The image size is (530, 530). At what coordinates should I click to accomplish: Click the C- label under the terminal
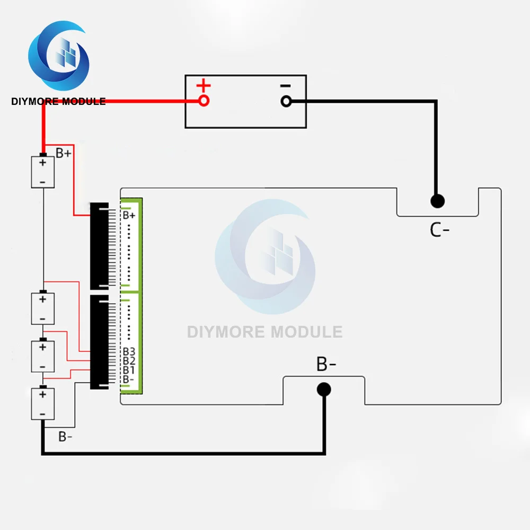coord(439,230)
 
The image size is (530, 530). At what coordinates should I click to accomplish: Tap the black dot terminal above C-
coord(437,201)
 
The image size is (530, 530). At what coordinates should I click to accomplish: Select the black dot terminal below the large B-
coord(324,390)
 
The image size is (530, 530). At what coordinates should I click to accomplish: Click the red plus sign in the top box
coord(203,85)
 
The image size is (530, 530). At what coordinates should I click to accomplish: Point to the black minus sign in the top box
coord(285,85)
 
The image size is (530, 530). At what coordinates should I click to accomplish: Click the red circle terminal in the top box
coord(204,101)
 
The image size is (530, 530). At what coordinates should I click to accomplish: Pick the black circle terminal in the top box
coord(286,101)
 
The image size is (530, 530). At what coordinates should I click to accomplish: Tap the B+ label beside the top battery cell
coord(64,153)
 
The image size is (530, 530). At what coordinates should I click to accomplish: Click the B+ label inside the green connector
coord(129,215)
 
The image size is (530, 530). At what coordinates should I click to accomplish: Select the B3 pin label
coord(129,352)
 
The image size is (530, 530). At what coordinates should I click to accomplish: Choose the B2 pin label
coord(129,361)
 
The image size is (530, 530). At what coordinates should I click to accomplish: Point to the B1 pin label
coord(129,370)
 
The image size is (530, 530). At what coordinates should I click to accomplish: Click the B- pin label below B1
coord(129,379)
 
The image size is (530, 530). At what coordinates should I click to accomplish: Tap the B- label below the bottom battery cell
coord(66,437)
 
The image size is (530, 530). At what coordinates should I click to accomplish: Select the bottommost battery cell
coord(43,404)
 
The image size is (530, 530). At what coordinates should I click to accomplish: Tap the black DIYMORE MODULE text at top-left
coord(58,101)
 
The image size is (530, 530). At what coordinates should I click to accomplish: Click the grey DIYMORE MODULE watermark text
coord(264,332)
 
